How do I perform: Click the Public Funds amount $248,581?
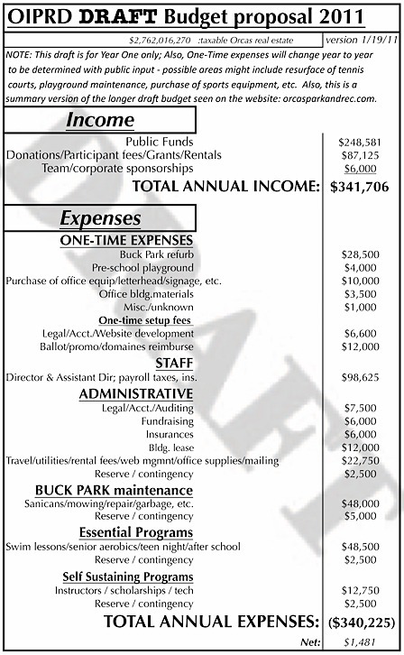(x=360, y=143)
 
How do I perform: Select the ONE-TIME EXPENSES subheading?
(x=139, y=241)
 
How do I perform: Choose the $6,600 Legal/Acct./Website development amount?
(x=363, y=333)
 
